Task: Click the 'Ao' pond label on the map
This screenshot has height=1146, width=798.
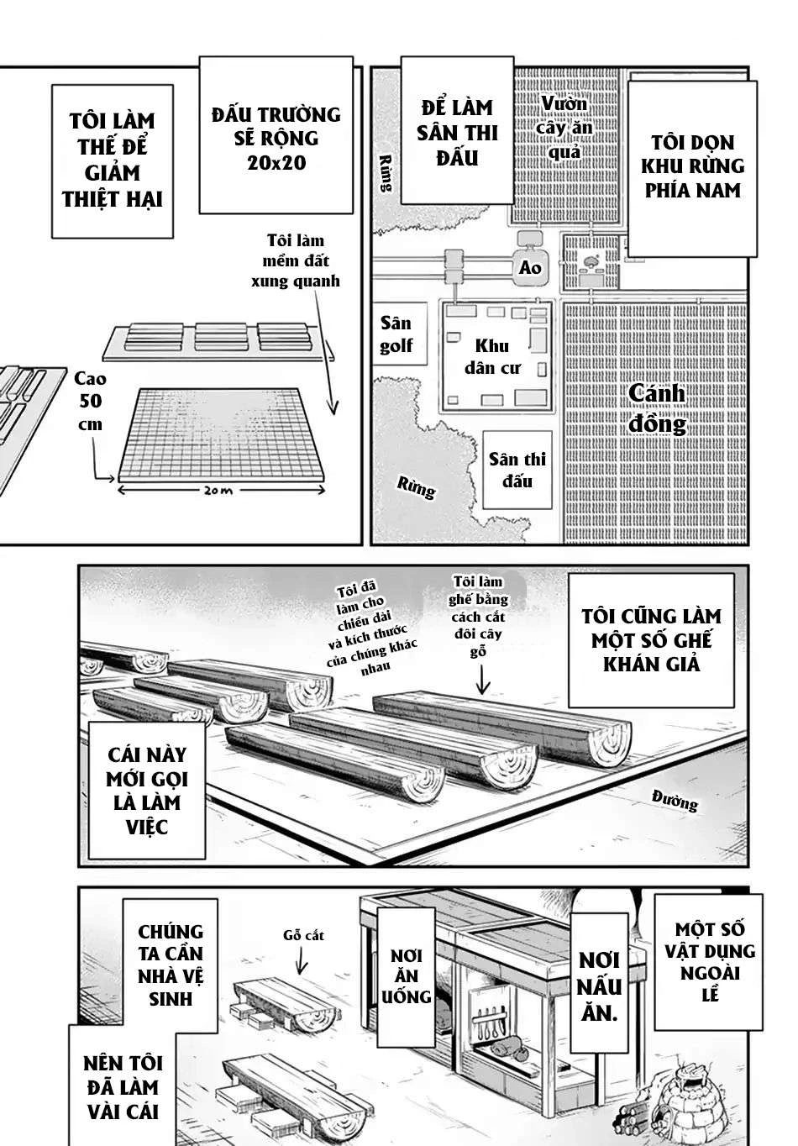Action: (x=530, y=268)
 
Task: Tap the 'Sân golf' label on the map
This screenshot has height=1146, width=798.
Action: (x=396, y=334)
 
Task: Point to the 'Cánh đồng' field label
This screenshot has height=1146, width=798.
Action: (x=657, y=408)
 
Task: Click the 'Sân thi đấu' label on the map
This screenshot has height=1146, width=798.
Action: (x=517, y=470)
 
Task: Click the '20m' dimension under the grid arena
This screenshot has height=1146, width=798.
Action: (x=218, y=491)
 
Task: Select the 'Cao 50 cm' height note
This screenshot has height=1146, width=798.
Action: (x=89, y=402)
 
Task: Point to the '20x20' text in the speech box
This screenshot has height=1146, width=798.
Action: (x=264, y=162)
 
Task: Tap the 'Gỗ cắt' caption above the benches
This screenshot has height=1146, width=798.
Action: (x=303, y=934)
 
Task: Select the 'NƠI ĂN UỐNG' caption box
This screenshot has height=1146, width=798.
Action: (x=407, y=975)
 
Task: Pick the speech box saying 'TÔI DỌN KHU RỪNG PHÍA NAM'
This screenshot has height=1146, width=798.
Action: (x=692, y=166)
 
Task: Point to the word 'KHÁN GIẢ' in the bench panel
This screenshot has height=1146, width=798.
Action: (x=651, y=664)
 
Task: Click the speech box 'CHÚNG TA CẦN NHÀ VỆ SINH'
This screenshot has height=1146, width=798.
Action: (x=171, y=965)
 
